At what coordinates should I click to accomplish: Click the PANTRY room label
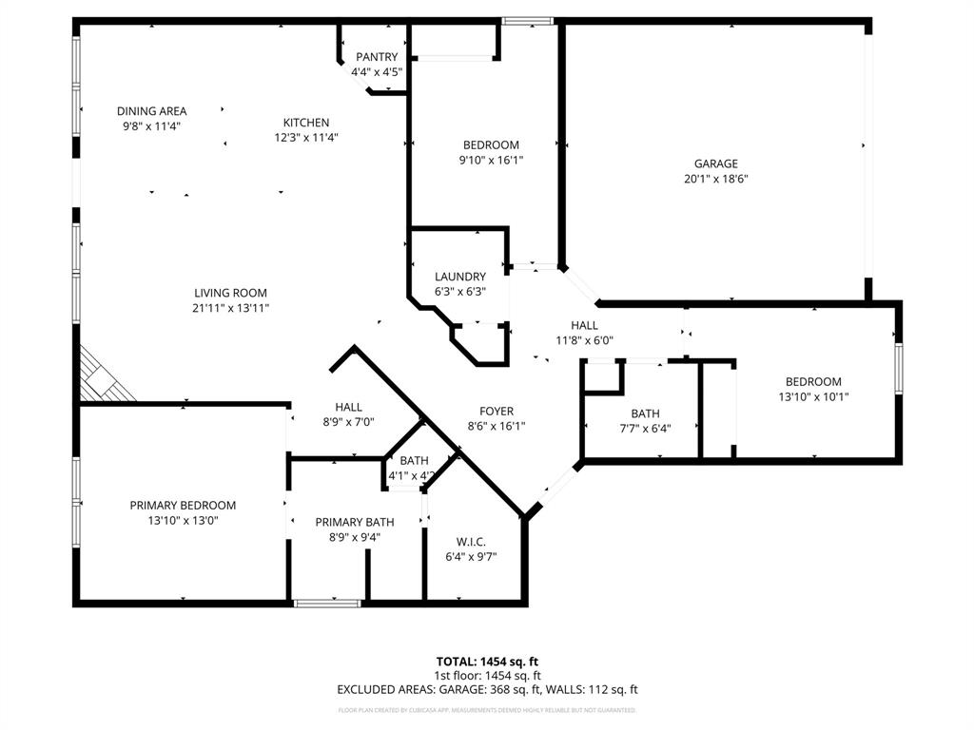377,57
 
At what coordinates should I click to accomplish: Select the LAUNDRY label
460,277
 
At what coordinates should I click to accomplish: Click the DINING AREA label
151,110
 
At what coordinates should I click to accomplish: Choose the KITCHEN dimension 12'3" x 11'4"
306,137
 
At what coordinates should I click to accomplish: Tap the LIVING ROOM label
230,293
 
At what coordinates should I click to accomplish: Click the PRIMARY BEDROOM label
183,505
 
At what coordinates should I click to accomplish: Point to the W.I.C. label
471,541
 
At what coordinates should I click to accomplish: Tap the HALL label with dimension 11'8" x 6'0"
584,325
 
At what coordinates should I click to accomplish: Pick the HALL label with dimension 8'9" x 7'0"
348,407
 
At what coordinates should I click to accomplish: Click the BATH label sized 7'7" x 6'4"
645,413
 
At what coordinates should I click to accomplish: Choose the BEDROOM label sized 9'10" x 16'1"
490,144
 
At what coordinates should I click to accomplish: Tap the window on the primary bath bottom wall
327,603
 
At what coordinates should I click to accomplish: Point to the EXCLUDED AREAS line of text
486,689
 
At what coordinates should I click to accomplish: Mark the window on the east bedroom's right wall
898,366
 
